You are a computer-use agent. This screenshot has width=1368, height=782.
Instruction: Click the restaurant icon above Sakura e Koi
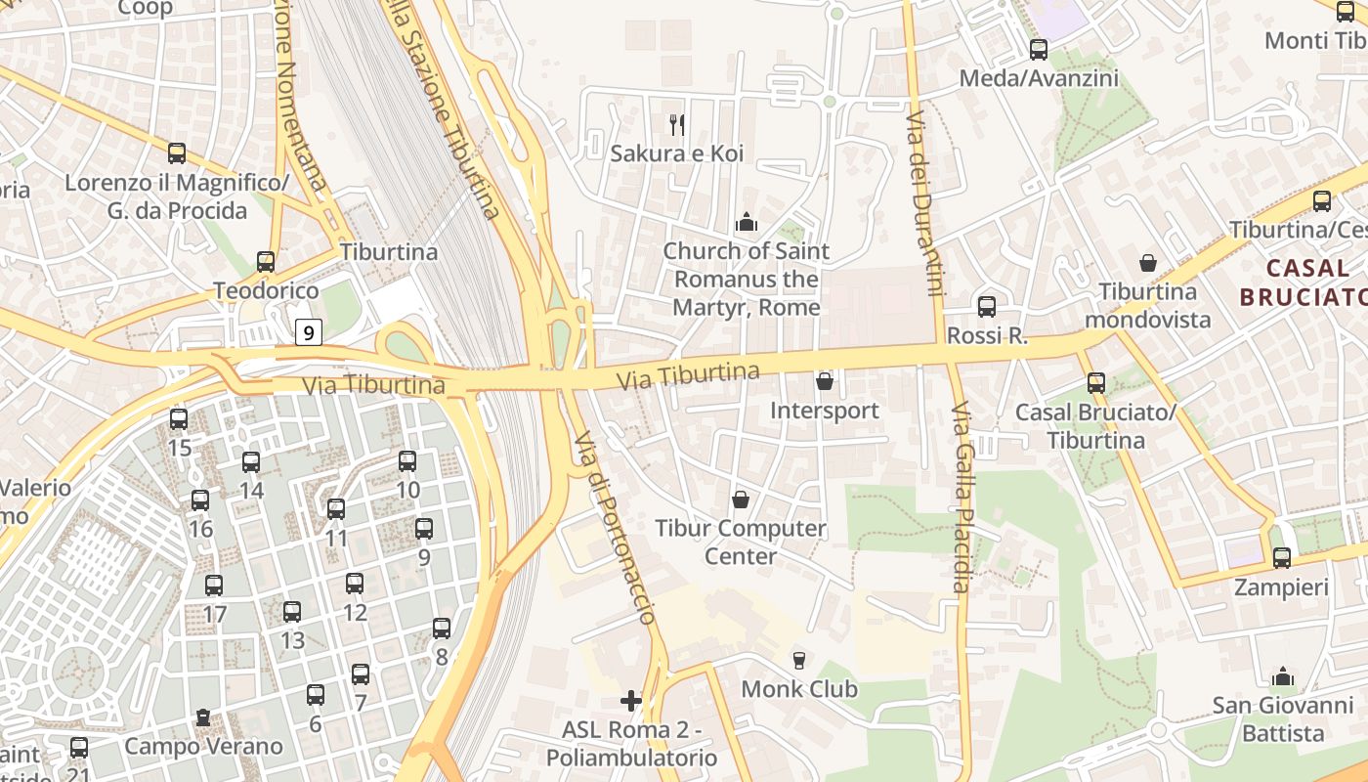676,124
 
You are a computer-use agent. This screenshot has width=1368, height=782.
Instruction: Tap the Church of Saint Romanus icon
747,223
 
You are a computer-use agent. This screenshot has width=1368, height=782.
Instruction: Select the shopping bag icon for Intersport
825,381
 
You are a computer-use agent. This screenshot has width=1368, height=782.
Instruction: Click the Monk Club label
799,689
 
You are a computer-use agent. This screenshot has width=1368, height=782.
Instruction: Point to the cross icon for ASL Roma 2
631,700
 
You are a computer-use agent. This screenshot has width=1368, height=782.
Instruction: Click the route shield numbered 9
309,333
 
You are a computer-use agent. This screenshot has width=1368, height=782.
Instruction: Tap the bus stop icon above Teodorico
266,261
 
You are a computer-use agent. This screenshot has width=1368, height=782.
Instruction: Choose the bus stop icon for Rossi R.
987,306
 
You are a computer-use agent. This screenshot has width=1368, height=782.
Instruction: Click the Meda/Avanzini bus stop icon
1039,49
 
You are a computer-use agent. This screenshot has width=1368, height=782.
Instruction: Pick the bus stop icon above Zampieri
1282,558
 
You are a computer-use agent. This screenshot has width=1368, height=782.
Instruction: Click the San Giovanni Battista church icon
1283,676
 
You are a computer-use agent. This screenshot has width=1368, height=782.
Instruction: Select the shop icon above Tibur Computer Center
741,500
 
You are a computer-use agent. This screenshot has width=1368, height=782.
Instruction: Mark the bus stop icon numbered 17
214,586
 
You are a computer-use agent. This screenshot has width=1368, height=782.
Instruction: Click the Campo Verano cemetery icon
203,717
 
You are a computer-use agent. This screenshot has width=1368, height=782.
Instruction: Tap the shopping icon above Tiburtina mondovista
1148,263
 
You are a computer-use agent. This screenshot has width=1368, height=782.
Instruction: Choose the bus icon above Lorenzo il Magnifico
177,153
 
